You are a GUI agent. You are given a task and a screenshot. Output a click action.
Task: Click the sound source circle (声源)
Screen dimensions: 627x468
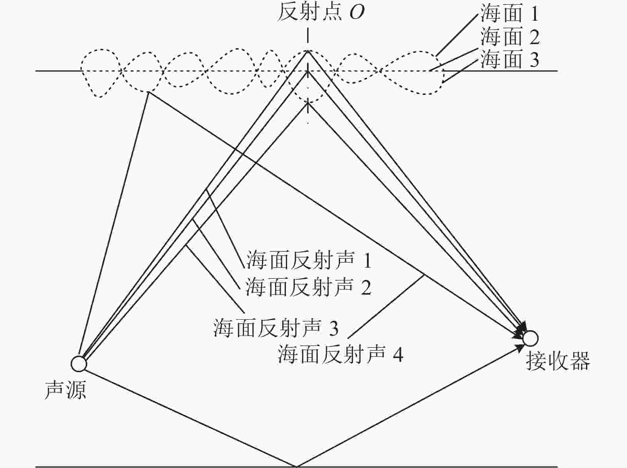click(x=78, y=364)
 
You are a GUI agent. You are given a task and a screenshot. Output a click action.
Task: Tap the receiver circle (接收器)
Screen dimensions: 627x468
click(x=530, y=338)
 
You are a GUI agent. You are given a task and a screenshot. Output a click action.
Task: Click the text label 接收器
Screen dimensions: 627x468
click(x=558, y=361)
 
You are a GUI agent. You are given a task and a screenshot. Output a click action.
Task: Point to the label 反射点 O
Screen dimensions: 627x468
click(x=321, y=12)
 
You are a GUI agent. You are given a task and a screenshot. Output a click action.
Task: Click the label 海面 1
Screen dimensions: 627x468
click(x=510, y=13)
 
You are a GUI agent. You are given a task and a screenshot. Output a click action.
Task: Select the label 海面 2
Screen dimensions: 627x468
click(x=510, y=36)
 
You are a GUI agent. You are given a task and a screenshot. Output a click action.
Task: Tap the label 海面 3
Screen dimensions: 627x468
click(x=510, y=59)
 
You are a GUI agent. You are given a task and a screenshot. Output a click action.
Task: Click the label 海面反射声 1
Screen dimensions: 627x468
click(x=309, y=260)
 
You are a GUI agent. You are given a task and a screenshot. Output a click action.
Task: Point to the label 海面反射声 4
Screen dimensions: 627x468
click(x=340, y=354)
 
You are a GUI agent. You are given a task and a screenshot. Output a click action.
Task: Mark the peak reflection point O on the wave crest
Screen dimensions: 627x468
click(x=308, y=51)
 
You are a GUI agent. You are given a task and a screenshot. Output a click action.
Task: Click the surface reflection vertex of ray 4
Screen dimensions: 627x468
click(x=148, y=92)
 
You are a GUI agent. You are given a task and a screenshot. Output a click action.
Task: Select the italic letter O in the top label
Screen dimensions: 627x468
click(x=357, y=13)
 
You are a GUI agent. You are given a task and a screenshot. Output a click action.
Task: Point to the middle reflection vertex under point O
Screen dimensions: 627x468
click(x=308, y=72)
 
